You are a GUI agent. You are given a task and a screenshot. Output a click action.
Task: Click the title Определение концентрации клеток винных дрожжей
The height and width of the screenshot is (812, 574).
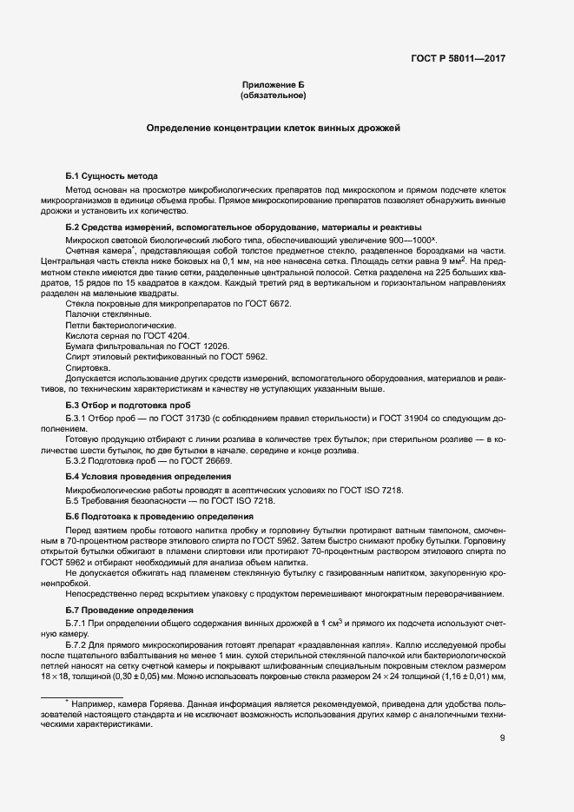tap(274, 128)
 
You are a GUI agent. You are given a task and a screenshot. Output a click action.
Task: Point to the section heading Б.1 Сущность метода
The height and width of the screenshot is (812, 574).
tap(112, 175)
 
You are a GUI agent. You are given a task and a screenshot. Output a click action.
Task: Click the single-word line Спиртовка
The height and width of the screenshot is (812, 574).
tap(88, 367)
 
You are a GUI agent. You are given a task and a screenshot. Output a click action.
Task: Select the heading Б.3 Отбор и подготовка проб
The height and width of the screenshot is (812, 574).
tap(125, 404)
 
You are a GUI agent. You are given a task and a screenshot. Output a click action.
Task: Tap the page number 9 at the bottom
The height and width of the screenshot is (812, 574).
tap(503, 740)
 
